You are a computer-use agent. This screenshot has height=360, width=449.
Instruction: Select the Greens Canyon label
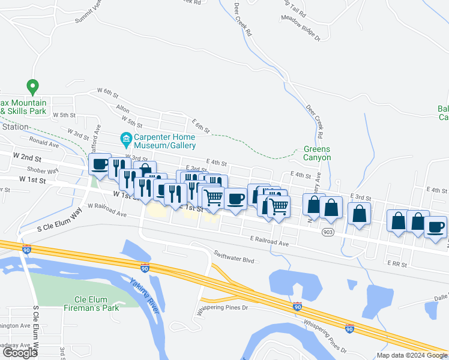point(317,154)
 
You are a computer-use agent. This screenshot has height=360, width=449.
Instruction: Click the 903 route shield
point(328,232)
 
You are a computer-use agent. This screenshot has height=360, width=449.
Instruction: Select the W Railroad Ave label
point(107,209)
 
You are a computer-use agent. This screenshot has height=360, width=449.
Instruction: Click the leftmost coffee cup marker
point(100,164)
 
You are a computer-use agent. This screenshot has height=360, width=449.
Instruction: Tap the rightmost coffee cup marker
point(436,227)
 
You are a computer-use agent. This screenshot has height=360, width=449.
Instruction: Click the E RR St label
point(397,263)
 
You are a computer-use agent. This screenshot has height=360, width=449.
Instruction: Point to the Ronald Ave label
point(44,144)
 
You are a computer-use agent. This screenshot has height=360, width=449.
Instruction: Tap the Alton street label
point(122,110)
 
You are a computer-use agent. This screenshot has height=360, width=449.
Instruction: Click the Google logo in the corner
point(20,353)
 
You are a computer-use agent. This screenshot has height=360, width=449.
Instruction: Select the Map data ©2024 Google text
point(412,355)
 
